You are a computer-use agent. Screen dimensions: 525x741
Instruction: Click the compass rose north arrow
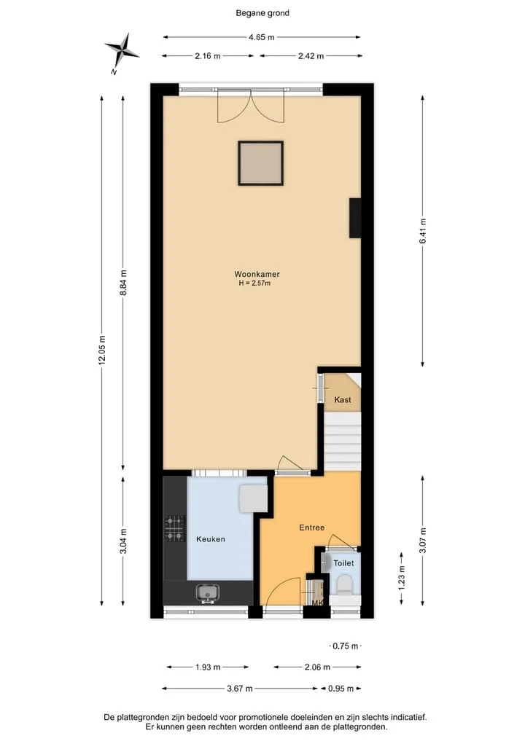[122, 51]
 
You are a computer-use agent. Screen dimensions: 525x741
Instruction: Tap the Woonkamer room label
[257, 274]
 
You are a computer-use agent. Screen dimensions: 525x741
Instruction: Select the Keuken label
[211, 539]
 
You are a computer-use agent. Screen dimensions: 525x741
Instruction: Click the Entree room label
[311, 528]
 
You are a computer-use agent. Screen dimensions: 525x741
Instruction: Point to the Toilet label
[343, 562]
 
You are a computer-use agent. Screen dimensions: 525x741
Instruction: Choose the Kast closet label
[343, 400]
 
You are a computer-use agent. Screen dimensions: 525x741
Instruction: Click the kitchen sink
[208, 592]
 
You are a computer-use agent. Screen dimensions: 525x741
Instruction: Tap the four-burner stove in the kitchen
[174, 528]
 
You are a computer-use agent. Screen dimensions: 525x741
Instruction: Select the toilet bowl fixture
[344, 585]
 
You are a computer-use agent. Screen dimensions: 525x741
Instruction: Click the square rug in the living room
[260, 163]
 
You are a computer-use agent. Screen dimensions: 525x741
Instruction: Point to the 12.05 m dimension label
[101, 350]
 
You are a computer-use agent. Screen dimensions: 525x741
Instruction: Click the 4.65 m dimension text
[262, 37]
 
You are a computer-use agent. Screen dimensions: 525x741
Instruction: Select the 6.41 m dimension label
[422, 231]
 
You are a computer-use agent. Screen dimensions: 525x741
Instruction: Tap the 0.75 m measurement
[346, 646]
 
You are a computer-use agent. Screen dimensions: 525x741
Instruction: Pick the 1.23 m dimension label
[402, 578]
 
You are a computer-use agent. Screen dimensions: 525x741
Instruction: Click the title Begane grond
[262, 13]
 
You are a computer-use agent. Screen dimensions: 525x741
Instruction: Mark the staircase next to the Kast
[343, 442]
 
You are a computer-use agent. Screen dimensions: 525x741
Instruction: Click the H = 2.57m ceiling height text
[254, 283]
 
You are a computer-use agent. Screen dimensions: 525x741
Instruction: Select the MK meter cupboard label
[317, 603]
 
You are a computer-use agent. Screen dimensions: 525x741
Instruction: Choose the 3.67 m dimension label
[239, 689]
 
